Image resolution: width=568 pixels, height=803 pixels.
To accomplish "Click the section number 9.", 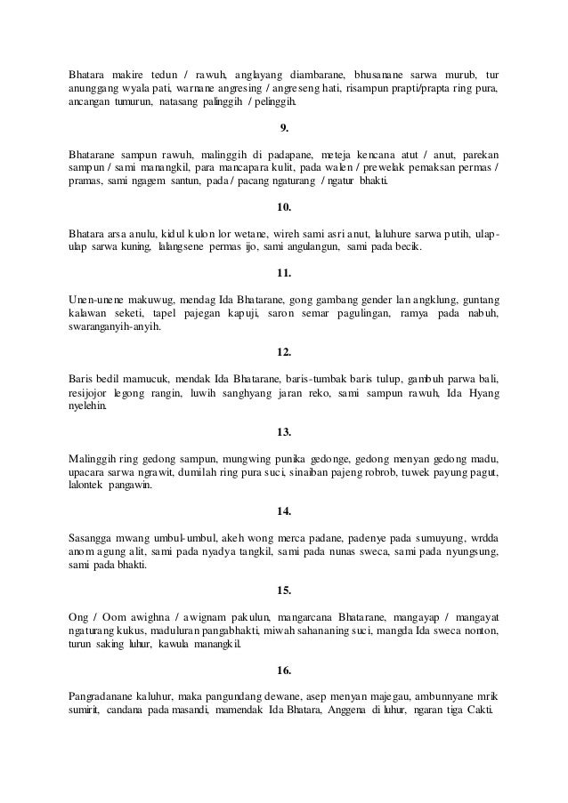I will [284, 126].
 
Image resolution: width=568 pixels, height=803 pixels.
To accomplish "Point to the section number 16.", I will [284, 670].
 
